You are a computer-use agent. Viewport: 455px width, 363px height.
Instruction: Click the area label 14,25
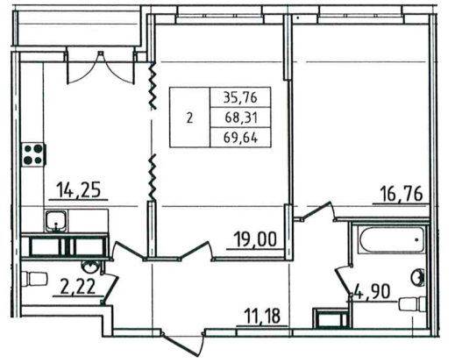coord(79,189)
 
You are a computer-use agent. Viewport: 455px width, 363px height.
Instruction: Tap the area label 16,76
coord(402,194)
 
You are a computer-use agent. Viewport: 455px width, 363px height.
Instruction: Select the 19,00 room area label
coord(255,239)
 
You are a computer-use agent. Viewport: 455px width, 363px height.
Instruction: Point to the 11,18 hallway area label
coord(262,316)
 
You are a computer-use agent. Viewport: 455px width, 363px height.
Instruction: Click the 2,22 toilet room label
coord(77,287)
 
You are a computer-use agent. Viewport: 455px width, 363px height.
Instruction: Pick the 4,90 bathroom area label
coord(372,292)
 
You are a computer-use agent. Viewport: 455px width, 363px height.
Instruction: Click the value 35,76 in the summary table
coord(240,97)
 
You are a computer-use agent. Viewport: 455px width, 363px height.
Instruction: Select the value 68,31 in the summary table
coord(240,117)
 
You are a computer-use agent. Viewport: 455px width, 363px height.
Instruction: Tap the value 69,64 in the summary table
coord(240,138)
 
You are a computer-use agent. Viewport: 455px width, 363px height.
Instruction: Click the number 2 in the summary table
coord(189,118)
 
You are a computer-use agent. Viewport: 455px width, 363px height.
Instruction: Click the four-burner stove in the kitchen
coord(33,154)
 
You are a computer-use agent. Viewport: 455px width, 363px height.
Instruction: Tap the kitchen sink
coord(56,221)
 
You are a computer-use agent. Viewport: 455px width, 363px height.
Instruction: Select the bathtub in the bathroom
coord(392,240)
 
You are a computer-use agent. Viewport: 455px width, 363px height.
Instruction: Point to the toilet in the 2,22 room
coord(35,279)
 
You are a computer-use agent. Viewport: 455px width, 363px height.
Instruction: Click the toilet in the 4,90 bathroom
coord(412,304)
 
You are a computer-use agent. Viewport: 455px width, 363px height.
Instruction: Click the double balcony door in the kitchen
coord(101,68)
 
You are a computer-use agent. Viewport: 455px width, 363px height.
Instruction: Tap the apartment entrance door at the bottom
coord(183,343)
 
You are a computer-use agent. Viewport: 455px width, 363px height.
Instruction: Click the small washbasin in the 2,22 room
coord(91,266)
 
